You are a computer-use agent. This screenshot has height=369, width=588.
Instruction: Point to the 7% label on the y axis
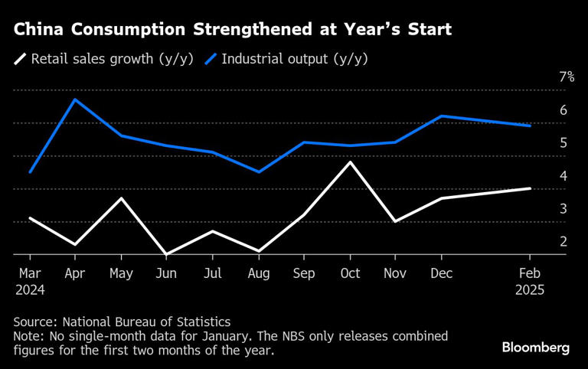pyautogui.click(x=567, y=77)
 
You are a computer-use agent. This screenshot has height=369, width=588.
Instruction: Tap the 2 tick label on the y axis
pyautogui.click(x=563, y=242)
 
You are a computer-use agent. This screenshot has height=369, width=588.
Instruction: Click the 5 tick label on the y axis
pyautogui.click(x=563, y=143)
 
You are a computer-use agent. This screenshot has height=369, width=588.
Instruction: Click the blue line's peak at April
pyautogui.click(x=74, y=100)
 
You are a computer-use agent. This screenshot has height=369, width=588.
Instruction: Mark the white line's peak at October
pyautogui.click(x=351, y=162)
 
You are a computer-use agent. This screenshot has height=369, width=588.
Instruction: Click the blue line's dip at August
pyautogui.click(x=260, y=171)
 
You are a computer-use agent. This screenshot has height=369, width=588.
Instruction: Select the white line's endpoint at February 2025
pyautogui.click(x=531, y=188)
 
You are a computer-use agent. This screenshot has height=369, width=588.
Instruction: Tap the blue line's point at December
pyautogui.click(x=441, y=116)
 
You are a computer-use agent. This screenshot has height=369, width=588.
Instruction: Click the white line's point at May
pyautogui.click(x=119, y=198)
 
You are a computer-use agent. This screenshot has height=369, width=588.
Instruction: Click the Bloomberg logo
pyautogui.click(x=536, y=348)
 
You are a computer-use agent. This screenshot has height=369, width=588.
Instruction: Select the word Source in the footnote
pyautogui.click(x=34, y=322)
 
